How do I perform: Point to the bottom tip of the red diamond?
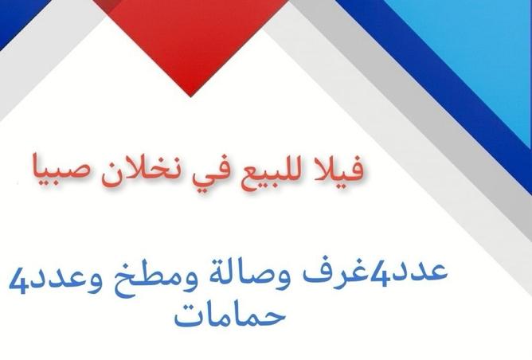point(190,96)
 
